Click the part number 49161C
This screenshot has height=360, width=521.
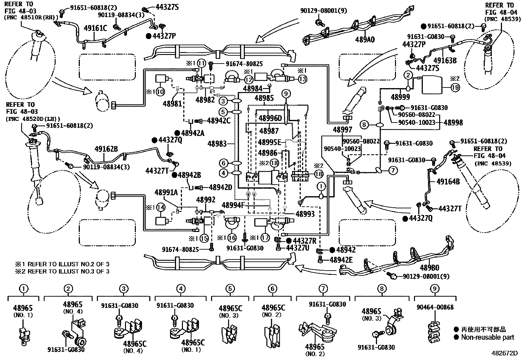coord(95,28)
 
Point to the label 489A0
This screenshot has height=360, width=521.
coord(365,40)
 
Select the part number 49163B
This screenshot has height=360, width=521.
coord(445,60)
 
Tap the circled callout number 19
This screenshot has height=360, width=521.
coord(455,88)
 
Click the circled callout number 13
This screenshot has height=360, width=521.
coord(302,79)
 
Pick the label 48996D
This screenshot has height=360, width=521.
coord(270,118)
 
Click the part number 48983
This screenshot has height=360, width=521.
coord(217,144)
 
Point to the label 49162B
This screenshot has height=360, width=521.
coord(106,149)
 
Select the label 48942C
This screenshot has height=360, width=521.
coord(219,121)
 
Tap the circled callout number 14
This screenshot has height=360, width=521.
coord(161,207)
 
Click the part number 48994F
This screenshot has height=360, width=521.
coord(234,205)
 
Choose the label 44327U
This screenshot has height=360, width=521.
coord(297,248)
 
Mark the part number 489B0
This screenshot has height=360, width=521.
coord(429,268)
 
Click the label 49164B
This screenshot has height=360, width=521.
coord(448,181)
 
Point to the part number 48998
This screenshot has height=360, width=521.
coord(453,123)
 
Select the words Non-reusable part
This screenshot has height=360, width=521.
coord(488,337)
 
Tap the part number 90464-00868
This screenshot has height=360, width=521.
coord(435,307)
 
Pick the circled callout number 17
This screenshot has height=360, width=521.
coord(265,238)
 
